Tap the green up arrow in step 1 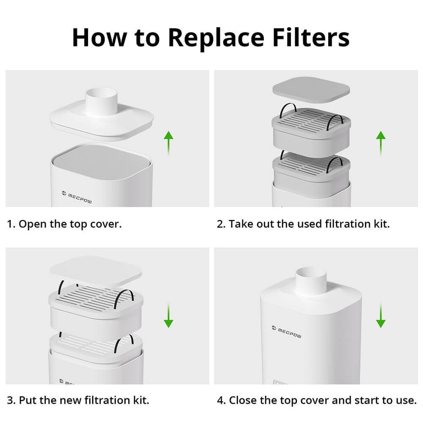tap(168, 143)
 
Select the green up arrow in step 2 tap(381, 143)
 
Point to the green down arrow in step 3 tap(168, 315)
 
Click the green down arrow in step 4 tap(381, 315)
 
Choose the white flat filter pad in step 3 tap(96, 269)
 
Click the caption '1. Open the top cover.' tap(64, 224)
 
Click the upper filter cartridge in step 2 tap(311, 133)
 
